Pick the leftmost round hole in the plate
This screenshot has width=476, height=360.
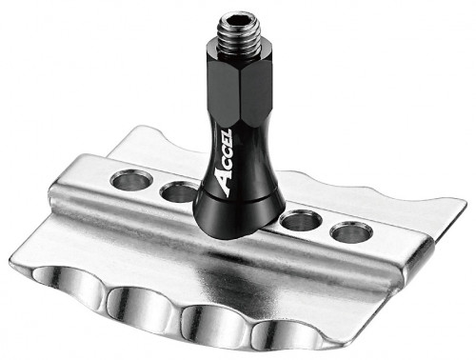coord(131,178)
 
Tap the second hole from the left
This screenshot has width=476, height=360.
coord(178,193)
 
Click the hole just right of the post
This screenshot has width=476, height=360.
coord(301,222)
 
